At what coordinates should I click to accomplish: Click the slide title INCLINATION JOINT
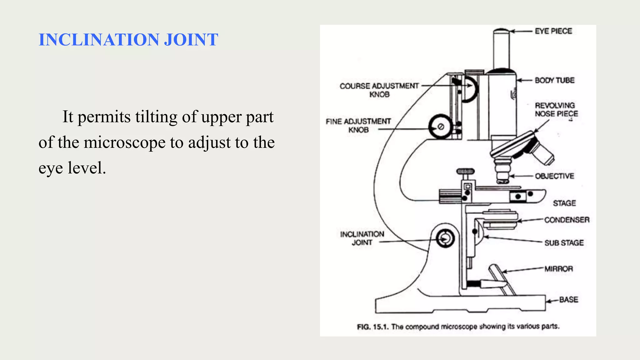(128, 40)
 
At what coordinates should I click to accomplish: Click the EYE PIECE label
(553, 31)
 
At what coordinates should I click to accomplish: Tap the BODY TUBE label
(554, 80)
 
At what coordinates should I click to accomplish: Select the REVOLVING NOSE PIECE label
(556, 110)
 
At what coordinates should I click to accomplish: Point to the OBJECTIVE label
(554, 176)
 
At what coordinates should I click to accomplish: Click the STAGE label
(564, 203)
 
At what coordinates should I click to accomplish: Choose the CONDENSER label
(567, 220)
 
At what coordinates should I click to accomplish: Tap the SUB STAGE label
(564, 243)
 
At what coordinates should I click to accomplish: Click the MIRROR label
(558, 269)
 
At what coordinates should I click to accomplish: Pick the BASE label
(568, 300)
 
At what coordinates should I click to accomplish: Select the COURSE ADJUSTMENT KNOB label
(379, 90)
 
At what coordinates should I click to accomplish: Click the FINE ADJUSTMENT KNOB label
(358, 125)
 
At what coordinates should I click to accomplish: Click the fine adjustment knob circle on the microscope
(440, 127)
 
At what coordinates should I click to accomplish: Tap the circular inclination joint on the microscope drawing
(445, 239)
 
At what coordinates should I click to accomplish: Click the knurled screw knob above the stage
(465, 172)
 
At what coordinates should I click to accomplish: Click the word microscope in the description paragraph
(125, 142)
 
